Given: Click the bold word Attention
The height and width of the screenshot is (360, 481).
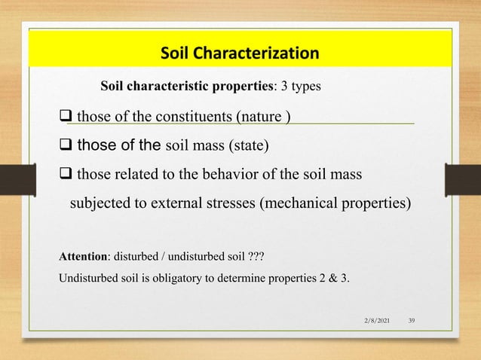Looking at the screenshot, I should pyautogui.click(x=83, y=257).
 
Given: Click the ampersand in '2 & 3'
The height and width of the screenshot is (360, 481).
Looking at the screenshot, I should pyautogui.click(x=331, y=279).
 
